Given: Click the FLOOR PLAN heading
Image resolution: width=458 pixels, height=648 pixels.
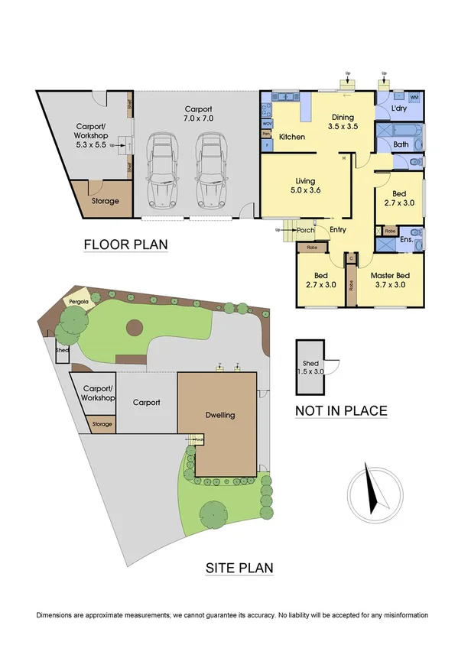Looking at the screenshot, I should (x=125, y=245).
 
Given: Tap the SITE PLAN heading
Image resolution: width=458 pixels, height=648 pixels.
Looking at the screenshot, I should (x=239, y=568).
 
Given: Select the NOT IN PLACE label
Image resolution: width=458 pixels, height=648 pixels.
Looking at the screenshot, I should (x=341, y=411).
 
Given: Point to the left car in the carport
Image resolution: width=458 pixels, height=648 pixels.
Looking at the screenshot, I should (x=162, y=170).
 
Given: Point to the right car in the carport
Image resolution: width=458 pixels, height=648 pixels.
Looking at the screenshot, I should (x=211, y=170).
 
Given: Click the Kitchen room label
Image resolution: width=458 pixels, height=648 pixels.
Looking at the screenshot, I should (x=292, y=137).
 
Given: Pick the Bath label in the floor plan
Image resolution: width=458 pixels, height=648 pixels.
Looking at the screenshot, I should (x=401, y=144).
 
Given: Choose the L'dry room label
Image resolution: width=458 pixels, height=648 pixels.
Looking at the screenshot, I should (x=399, y=110).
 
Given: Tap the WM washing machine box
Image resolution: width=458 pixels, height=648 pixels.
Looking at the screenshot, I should (x=414, y=98).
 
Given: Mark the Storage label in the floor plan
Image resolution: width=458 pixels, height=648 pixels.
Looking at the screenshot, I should (x=106, y=201).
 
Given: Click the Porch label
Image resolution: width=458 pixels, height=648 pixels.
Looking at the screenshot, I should (x=307, y=230).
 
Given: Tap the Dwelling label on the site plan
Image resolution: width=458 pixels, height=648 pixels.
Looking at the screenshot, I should (x=219, y=415).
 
